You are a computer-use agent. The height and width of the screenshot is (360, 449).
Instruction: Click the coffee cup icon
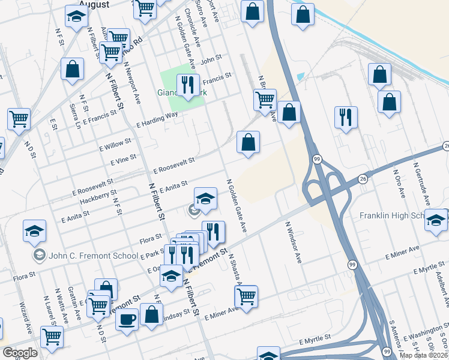coord(127,319)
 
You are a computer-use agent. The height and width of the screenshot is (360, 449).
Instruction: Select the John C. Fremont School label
coord(94,256)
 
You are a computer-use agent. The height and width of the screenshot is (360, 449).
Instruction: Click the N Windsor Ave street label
coord(293,242)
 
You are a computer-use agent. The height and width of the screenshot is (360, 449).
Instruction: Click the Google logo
coord(20,353)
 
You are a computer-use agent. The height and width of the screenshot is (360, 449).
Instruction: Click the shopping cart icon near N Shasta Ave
coord(246,295)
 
